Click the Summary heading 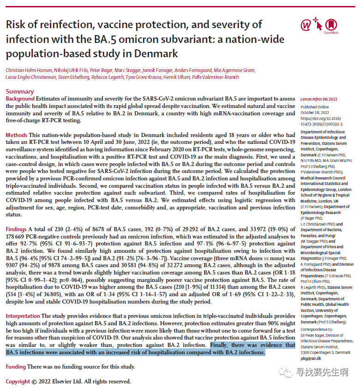point(19,91)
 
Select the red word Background point(20,99)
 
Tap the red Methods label point(16,135)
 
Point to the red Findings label point(17,229)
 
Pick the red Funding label point(16,367)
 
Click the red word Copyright point(18,382)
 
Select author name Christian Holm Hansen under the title point(29,70)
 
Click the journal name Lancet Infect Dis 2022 point(319,99)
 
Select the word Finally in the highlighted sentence point(221,345)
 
